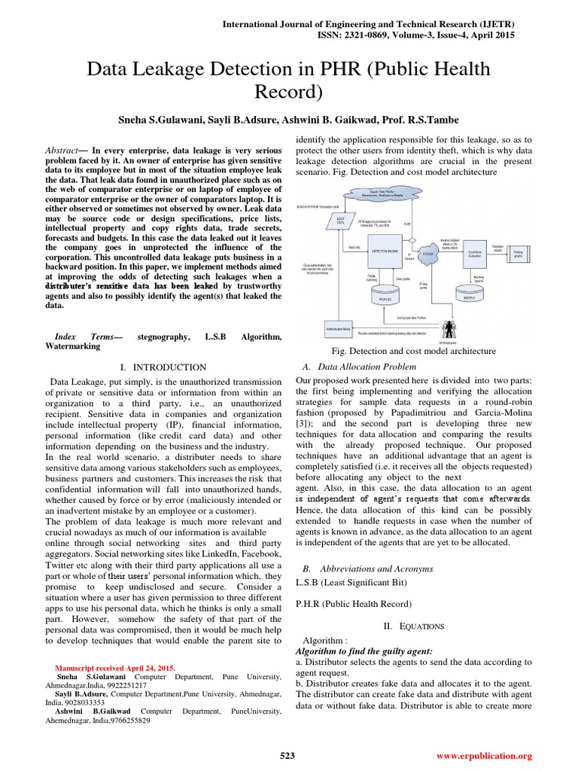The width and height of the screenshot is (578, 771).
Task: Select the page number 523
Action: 287,755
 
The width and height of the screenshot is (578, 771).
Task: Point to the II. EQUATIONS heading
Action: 414,626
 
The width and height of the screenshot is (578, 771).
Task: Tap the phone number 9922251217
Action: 123,687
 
